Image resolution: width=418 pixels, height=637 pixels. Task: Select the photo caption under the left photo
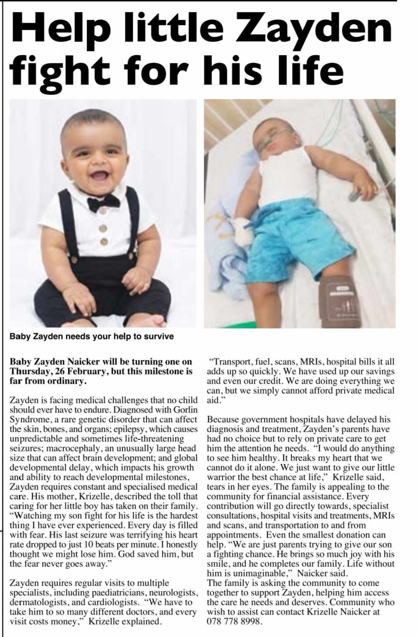pyautogui.click(x=91, y=336)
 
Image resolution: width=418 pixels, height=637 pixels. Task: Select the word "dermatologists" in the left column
pyautogui.click(x=37, y=602)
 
